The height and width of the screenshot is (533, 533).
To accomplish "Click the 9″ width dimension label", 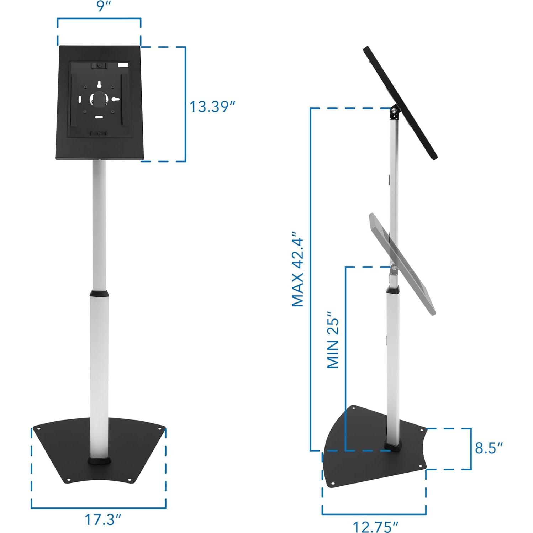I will coord(102,6).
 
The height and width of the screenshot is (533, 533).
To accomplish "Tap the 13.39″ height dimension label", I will coord(212,107).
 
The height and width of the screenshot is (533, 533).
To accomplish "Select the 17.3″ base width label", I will coord(102,519).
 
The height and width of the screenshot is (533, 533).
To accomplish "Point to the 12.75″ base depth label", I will coord(375,526).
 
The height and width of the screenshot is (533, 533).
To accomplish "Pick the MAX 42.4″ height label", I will coord(298,269).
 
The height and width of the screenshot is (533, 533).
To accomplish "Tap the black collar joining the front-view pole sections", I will coord(99,294).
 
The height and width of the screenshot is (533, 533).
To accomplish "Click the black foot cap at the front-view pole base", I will coord(100,461).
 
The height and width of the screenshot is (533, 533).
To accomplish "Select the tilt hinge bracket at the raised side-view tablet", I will coord(394,112).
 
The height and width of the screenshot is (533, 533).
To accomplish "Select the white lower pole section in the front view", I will coord(99,374).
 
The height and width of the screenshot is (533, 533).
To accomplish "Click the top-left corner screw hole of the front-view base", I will coord(39,429).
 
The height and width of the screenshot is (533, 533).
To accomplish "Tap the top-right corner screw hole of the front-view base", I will coord(160,428).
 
